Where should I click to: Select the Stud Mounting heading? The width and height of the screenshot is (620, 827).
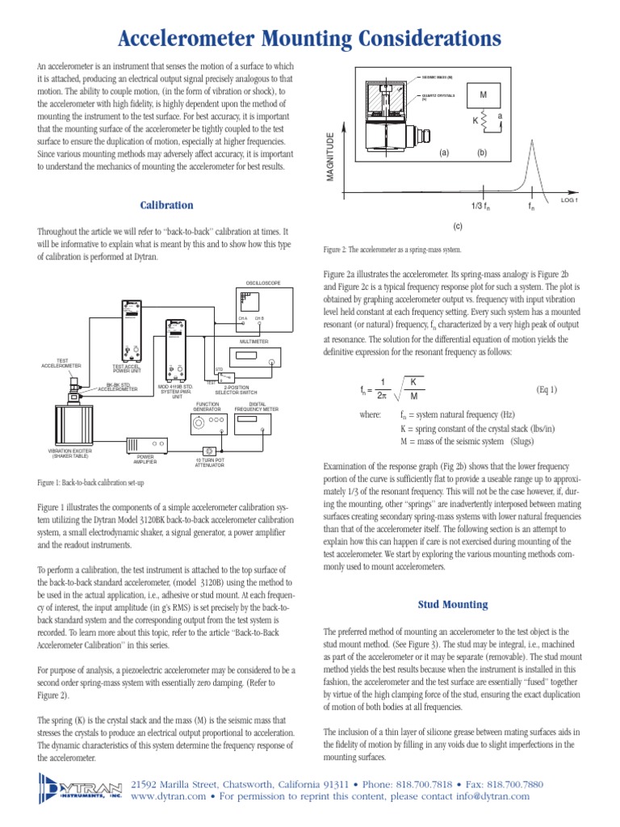(x=452, y=603)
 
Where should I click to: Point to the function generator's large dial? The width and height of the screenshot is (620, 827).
(x=199, y=420)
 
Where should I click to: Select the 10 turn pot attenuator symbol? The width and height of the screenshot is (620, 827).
(x=209, y=451)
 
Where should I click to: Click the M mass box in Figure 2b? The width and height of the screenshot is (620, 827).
(x=484, y=95)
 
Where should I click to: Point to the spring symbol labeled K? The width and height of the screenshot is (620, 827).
(x=484, y=122)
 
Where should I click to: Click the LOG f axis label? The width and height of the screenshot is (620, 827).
(x=570, y=199)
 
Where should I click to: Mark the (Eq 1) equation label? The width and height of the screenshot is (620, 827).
(x=547, y=389)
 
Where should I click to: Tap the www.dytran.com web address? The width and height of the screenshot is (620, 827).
(x=163, y=796)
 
